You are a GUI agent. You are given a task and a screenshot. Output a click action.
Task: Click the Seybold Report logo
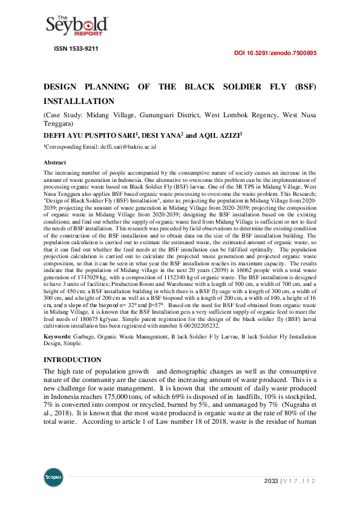click(77, 25)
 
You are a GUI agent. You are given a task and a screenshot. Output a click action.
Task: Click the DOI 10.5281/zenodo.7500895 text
click(275, 53)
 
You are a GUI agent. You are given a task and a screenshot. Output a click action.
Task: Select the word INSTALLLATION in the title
click(79, 101)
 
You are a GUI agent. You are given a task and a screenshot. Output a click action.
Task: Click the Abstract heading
click(55, 163)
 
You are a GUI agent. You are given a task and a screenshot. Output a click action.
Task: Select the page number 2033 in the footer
click(272, 481)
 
